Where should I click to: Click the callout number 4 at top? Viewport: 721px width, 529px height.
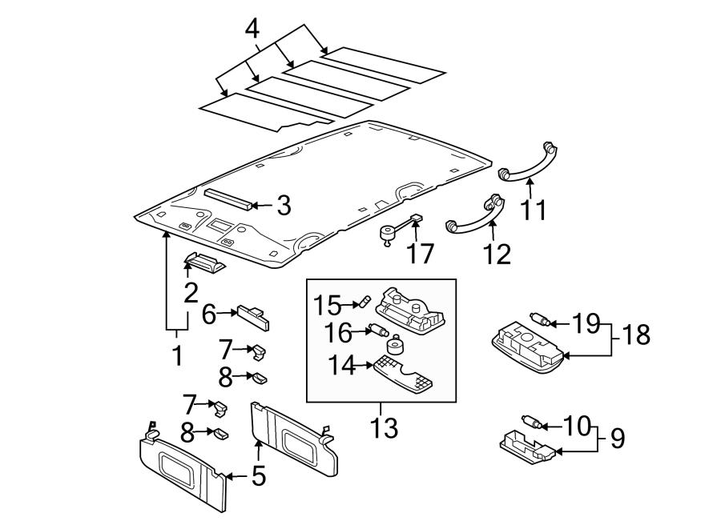252,30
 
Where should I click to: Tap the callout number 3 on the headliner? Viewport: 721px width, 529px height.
283,206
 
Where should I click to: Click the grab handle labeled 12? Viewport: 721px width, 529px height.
477,217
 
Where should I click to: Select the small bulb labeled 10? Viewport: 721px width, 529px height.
532,422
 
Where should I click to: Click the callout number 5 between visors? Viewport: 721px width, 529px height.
257,476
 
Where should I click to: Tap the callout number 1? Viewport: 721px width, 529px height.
177,355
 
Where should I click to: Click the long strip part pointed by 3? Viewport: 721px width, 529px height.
228,197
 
